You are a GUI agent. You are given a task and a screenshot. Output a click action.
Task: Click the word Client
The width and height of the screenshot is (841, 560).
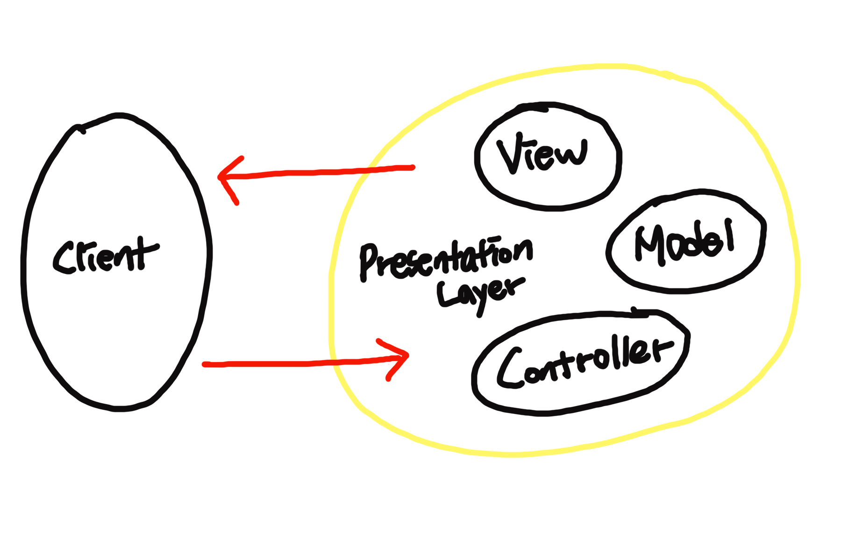105,257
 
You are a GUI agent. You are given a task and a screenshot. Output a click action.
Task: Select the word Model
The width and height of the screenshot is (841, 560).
684,243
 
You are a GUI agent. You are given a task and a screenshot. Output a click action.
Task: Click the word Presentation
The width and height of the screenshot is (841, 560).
446,259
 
